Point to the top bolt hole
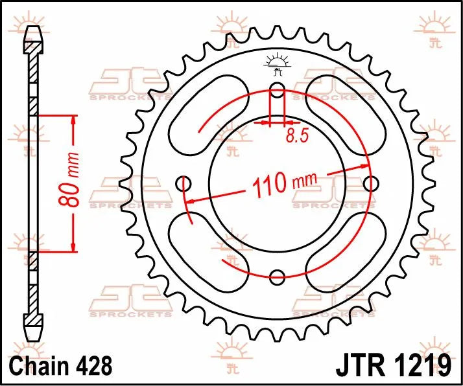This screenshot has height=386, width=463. (277, 89)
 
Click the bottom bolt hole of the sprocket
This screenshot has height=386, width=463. (277, 278)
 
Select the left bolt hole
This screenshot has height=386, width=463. (184, 184)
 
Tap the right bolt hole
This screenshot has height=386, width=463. (370, 184)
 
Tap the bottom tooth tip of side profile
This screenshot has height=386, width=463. (33, 337)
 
